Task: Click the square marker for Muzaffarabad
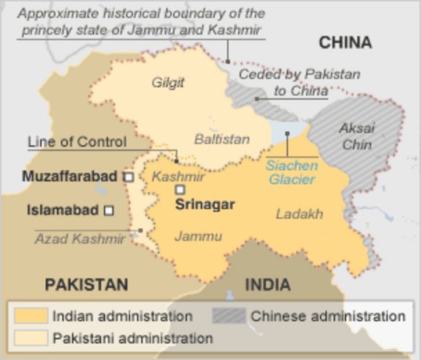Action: (x=128, y=177)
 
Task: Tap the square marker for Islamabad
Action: (x=109, y=211)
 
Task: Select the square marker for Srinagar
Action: (x=180, y=190)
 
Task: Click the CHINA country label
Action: (x=345, y=43)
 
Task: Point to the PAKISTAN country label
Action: (x=86, y=284)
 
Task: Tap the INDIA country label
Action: (x=268, y=284)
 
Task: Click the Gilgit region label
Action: (x=167, y=83)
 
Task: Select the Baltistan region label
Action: (x=222, y=140)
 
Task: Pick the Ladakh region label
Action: (x=299, y=214)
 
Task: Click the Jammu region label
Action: (x=198, y=236)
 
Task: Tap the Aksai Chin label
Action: (x=357, y=136)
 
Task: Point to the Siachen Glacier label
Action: (x=291, y=172)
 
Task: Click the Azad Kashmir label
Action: (x=80, y=238)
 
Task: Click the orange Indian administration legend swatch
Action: (x=31, y=316)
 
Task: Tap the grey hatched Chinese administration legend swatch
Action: (x=228, y=316)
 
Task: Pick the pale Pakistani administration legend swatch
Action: (x=31, y=338)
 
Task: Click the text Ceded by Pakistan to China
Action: (x=299, y=82)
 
